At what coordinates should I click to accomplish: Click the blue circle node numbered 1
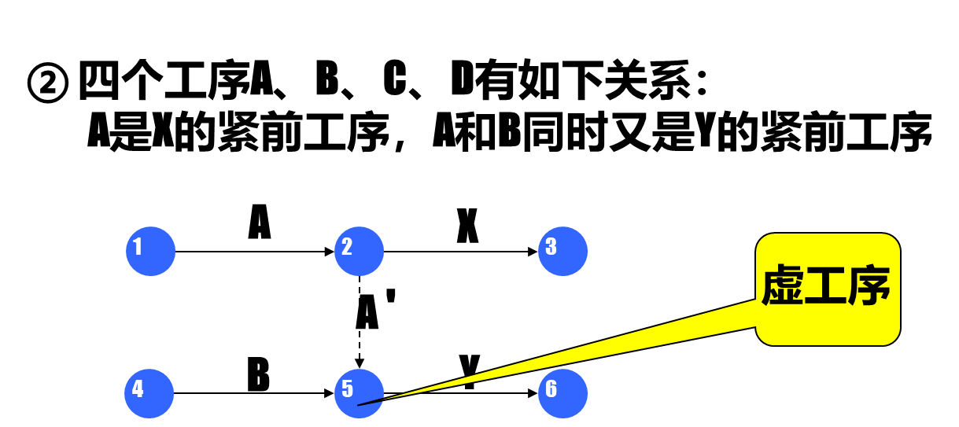pyautogui.click(x=150, y=252)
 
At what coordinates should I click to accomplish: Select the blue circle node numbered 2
pyautogui.click(x=359, y=252)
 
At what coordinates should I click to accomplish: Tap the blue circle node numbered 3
pyautogui.click(x=562, y=252)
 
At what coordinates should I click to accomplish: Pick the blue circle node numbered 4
pyautogui.click(x=149, y=393)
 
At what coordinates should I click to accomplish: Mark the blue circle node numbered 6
pyautogui.click(x=562, y=393)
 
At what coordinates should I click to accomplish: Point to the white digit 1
pyautogui.click(x=138, y=247)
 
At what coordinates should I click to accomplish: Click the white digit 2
pyautogui.click(x=347, y=247)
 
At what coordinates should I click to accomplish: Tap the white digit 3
pyautogui.click(x=551, y=247)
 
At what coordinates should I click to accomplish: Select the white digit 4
pyautogui.click(x=138, y=389)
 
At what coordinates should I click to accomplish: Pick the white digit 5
pyautogui.click(x=347, y=389)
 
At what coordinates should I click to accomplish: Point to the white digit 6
pyautogui.click(x=551, y=389)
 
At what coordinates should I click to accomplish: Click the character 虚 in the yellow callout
pyautogui.click(x=782, y=285)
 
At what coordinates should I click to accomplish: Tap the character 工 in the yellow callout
pyautogui.click(x=825, y=285)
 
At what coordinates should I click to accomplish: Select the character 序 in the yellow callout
pyautogui.click(x=869, y=285)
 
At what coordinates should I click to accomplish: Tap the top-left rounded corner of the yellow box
pyautogui.click(x=762, y=240)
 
